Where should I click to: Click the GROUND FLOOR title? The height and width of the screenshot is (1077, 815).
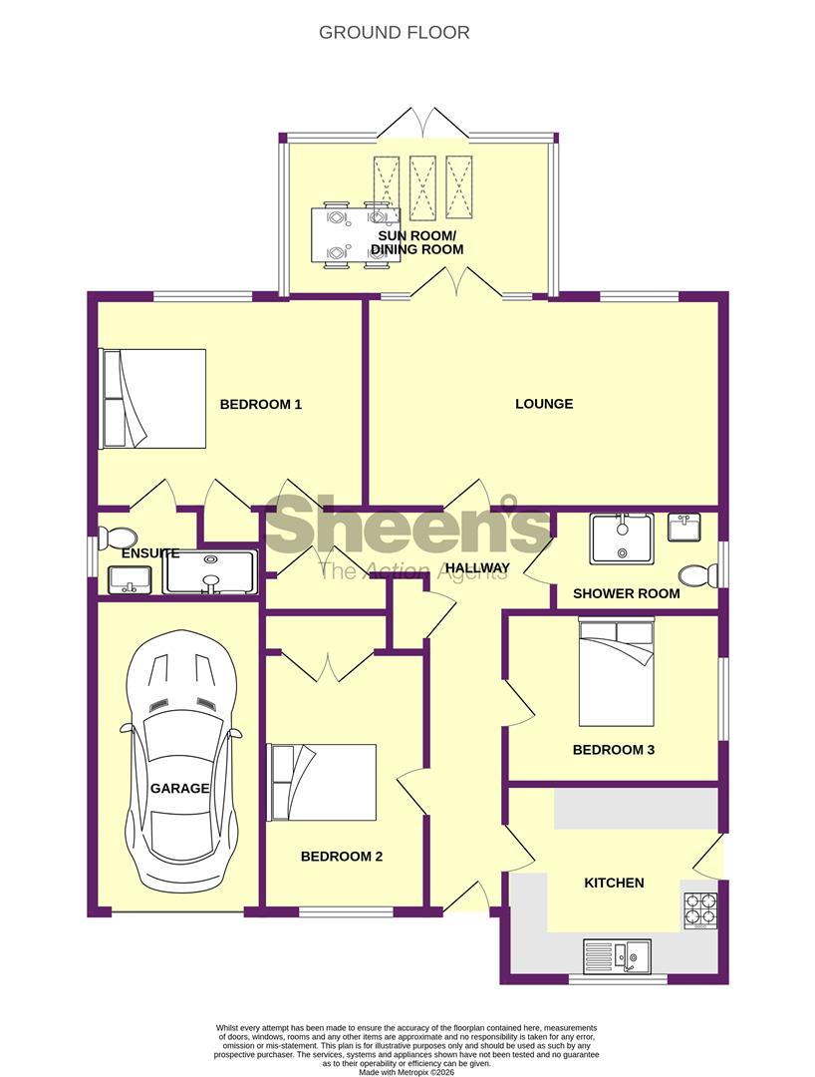(394, 33)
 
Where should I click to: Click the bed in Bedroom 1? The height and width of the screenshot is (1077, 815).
(152, 397)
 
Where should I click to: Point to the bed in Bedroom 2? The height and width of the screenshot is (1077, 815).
(322, 782)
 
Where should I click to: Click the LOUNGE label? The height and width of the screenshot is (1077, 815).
(544, 404)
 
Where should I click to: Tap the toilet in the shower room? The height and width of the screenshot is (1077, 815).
(697, 575)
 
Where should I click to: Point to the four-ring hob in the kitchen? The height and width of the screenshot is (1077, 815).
(699, 908)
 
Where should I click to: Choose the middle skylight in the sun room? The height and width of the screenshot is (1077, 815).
(422, 186)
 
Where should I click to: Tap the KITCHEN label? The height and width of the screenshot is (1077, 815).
(614, 883)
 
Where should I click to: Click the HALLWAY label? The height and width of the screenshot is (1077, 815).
(477, 568)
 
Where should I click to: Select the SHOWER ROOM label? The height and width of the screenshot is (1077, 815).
(626, 593)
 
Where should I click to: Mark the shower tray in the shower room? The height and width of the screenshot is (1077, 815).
(621, 538)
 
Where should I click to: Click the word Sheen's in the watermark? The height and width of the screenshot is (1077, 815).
(407, 528)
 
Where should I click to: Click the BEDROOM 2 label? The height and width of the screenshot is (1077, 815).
(342, 856)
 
